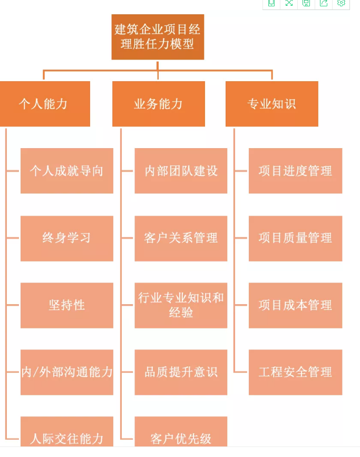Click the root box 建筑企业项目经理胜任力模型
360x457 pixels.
158,36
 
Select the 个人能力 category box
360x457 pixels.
45,104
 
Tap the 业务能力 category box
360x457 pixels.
158,104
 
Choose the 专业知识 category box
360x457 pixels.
271,104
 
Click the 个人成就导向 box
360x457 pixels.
67,171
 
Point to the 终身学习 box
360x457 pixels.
67,238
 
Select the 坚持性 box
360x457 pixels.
67,305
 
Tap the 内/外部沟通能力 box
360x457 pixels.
67,372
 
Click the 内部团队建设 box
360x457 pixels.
181,171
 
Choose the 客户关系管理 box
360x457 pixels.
181,238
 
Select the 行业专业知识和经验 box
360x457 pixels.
181,305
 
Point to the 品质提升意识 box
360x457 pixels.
181,372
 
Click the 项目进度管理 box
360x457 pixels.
295,171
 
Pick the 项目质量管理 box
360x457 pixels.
295,238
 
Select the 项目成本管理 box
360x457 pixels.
295,305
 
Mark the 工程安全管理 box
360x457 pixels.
295,372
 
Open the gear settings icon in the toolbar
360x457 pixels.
341,3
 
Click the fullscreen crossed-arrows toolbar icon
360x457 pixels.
289,3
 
